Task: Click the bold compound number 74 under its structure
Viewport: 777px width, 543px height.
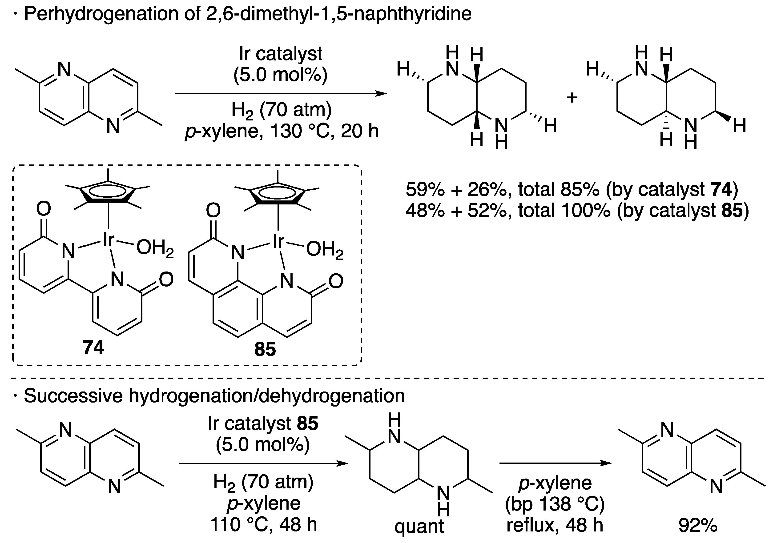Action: (x=93, y=347)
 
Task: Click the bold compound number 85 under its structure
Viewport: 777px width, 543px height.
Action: (x=265, y=349)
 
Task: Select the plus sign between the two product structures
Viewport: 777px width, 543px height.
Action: (x=572, y=98)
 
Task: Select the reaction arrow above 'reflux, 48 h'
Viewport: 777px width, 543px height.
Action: (x=555, y=463)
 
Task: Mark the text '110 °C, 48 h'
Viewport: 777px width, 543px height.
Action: (x=264, y=525)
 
